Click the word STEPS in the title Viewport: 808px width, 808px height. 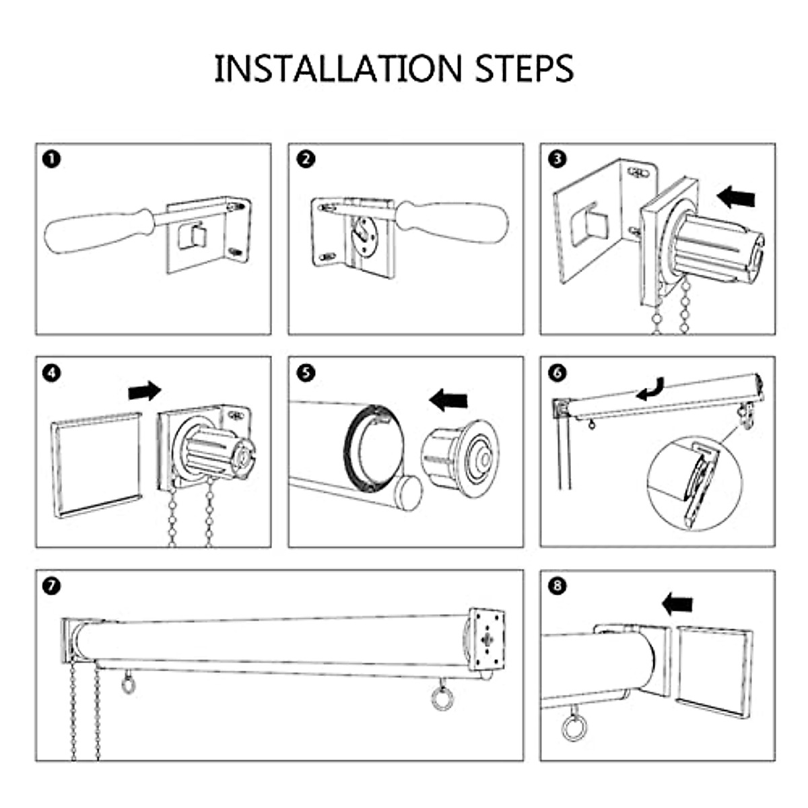(x=525, y=69)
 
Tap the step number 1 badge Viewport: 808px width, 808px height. (x=51, y=159)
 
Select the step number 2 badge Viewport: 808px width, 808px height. (x=305, y=159)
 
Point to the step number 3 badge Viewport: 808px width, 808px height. (x=558, y=159)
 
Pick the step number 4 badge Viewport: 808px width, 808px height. (x=51, y=372)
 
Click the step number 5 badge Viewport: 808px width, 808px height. (x=305, y=372)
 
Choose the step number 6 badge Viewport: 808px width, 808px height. (x=558, y=372)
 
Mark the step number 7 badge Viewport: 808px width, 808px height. (x=51, y=586)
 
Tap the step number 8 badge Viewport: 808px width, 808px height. (x=558, y=586)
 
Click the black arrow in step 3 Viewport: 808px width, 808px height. (x=737, y=197)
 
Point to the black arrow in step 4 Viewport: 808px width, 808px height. (x=145, y=390)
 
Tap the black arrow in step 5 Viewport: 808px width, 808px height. (x=448, y=400)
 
